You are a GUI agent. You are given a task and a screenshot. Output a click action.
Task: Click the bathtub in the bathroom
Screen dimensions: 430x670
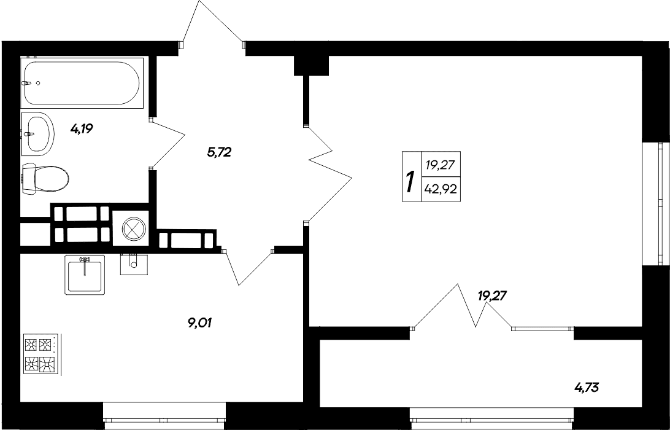[x=83, y=82]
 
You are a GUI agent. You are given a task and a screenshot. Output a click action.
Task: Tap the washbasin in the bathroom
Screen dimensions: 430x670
[x=39, y=133]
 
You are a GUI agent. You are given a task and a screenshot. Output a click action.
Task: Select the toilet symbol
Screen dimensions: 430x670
[x=45, y=179]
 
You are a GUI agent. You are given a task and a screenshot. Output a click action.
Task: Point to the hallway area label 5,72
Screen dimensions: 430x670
[x=218, y=153]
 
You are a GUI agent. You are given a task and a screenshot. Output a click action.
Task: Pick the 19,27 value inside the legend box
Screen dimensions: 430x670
[x=441, y=165]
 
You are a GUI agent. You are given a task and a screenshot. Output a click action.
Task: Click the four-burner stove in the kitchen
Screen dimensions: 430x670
[x=40, y=355]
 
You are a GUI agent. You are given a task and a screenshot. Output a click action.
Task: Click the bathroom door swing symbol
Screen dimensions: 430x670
[x=167, y=143]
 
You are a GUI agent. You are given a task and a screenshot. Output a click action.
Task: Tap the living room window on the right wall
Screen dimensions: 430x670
[x=663, y=203]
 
